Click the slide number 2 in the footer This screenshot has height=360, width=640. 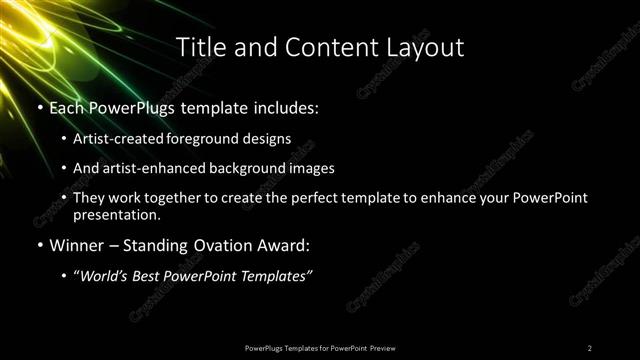[589, 347]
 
